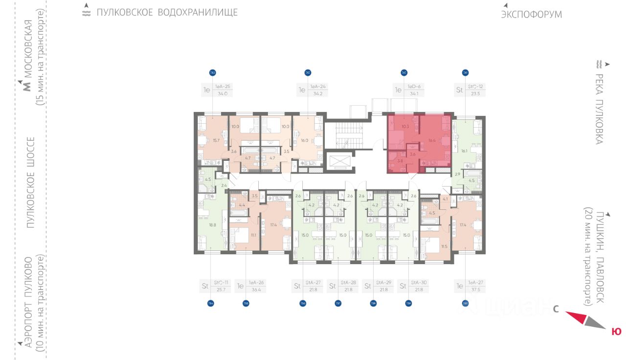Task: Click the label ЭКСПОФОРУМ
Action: [531, 15]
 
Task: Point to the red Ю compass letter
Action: [617, 332]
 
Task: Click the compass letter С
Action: [556, 309]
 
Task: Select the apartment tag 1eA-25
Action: [223, 87]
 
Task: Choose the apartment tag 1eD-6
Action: [414, 87]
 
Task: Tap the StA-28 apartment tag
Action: [348, 282]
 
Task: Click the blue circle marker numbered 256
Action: [303, 303]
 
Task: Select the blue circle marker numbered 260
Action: [465, 303]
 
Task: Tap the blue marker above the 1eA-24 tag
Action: [308, 73]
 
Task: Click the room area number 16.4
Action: [431, 140]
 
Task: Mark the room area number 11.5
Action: [444, 246]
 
